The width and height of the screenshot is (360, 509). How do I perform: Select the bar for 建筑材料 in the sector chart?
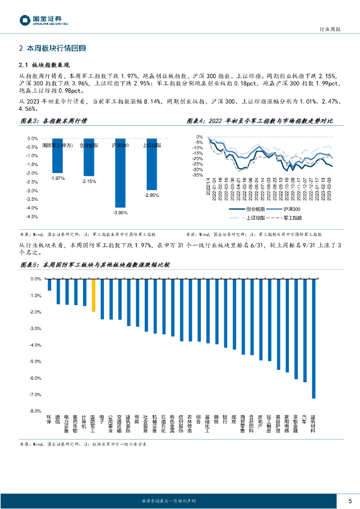[x=313, y=339]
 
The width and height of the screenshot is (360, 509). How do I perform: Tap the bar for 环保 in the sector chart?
[x=49, y=285]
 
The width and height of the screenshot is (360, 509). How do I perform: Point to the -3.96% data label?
[x=120, y=212]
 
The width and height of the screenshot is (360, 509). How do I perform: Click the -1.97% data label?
[x=58, y=178]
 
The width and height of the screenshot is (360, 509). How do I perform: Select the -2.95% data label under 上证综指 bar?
[x=152, y=195]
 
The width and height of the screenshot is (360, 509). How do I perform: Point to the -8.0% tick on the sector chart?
[x=35, y=411]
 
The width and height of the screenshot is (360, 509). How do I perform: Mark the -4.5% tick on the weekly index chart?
[x=32, y=217]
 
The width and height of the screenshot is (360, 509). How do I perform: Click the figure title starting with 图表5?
[x=94, y=264]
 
